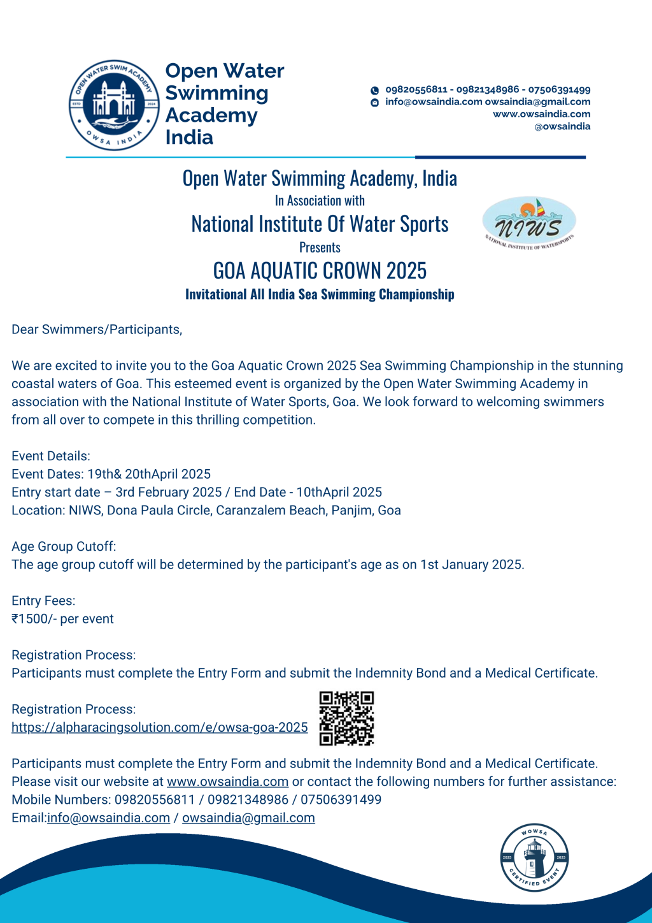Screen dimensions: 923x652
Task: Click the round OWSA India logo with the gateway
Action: (x=114, y=105)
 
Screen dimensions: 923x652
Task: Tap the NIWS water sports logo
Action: (x=529, y=222)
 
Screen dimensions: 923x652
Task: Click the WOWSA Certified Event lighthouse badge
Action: (x=534, y=857)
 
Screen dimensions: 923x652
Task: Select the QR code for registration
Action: (x=346, y=718)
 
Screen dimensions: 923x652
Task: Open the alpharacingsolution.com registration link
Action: (x=159, y=727)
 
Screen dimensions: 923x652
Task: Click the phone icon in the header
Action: (x=375, y=91)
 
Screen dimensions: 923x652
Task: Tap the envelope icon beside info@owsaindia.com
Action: (x=375, y=103)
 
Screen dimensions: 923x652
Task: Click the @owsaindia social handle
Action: (x=562, y=127)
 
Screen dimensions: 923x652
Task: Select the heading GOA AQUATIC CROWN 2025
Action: (x=320, y=271)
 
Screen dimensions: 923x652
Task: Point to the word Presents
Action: (x=320, y=247)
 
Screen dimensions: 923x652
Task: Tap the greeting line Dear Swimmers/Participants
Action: (x=97, y=330)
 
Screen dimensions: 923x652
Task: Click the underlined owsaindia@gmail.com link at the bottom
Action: (x=248, y=818)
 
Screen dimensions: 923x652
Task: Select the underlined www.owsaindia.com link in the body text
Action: (x=227, y=781)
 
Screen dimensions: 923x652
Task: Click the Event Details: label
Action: (x=51, y=456)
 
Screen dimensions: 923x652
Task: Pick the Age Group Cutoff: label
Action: (x=64, y=546)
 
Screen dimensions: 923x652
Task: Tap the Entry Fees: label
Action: (x=43, y=600)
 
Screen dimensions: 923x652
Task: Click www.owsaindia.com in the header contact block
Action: (x=541, y=114)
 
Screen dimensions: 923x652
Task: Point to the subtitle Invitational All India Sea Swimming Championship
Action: (x=320, y=294)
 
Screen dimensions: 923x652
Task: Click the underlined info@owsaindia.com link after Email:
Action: (x=108, y=818)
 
